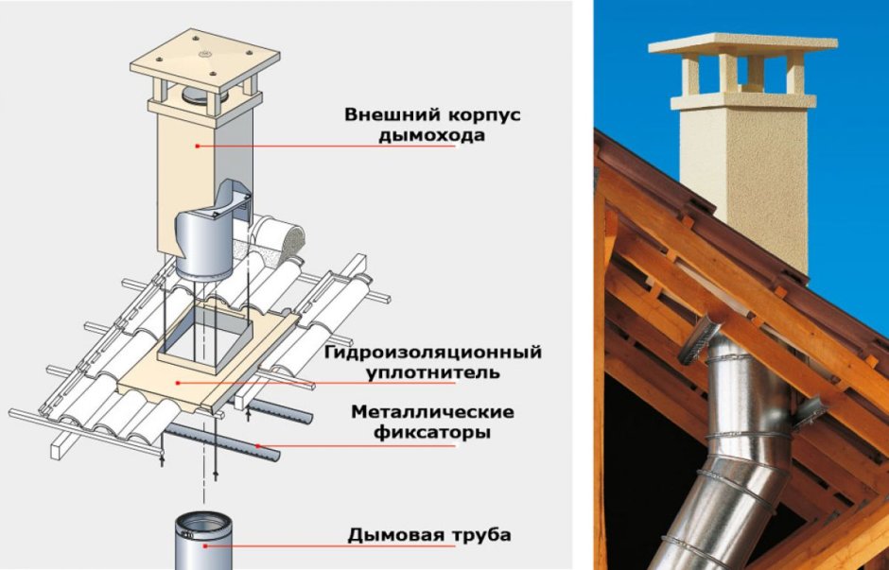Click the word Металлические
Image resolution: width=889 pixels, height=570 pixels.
point(432,413)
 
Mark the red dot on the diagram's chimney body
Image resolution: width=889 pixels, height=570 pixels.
point(197,146)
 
